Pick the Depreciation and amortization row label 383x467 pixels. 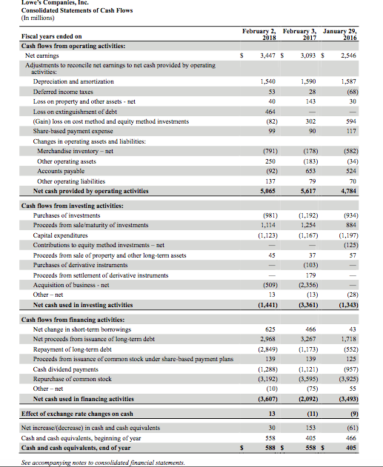click(63, 81)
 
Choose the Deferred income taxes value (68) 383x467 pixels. click(362, 90)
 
